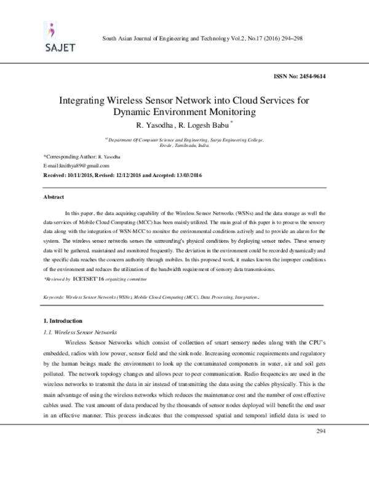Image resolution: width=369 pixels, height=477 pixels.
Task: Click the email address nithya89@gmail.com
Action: click(x=70, y=166)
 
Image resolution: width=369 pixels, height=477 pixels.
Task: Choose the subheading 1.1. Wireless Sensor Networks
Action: click(x=77, y=331)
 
